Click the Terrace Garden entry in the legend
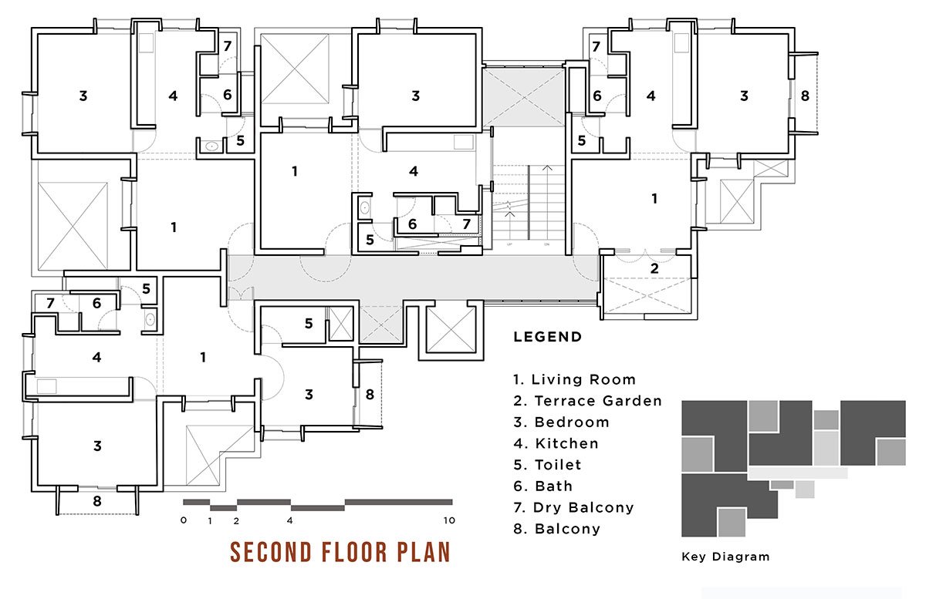click(587, 401)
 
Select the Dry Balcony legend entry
click(573, 507)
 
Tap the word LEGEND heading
click(548, 337)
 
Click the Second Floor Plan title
click(340, 552)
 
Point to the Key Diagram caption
click(725, 557)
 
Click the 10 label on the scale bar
click(449, 520)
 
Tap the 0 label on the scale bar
click(184, 520)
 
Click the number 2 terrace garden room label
click(654, 268)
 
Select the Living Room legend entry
click(574, 379)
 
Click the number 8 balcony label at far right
click(804, 96)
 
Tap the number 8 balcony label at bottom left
click(96, 501)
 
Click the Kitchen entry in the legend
click(556, 443)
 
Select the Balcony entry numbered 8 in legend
click(557, 529)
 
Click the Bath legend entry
click(542, 486)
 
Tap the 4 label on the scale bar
click(290, 520)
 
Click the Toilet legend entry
click(547, 465)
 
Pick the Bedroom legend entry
click(562, 422)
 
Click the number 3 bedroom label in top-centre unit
click(415, 96)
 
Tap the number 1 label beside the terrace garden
click(654, 199)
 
